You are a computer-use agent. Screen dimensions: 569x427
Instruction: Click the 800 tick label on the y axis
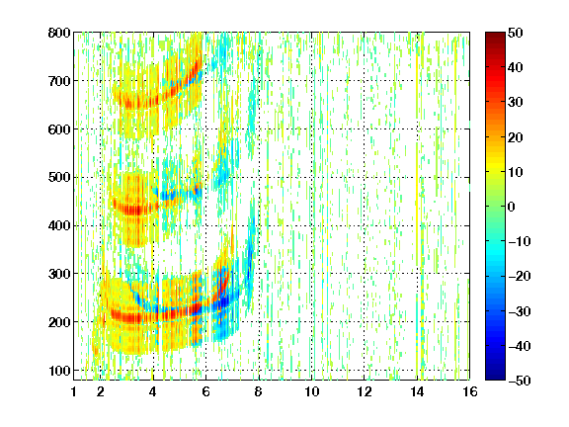(x=59, y=33)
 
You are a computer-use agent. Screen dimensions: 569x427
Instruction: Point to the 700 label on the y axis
(x=59, y=81)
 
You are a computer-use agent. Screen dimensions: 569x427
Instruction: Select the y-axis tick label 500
(x=59, y=178)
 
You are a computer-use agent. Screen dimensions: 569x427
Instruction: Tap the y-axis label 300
(x=59, y=274)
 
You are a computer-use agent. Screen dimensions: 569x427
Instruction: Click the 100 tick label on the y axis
(x=59, y=371)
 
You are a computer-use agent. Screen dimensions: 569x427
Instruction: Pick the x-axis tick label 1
(x=74, y=391)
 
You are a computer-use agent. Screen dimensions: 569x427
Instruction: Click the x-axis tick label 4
(x=153, y=391)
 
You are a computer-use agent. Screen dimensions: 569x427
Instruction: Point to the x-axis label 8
(x=259, y=391)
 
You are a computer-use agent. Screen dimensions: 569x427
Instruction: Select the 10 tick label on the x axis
(x=312, y=391)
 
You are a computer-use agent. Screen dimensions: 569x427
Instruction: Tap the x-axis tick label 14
(x=417, y=391)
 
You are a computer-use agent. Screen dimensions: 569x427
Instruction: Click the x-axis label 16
(x=470, y=391)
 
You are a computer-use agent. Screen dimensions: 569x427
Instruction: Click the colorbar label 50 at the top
(x=516, y=33)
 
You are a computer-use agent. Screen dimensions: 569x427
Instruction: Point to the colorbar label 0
(x=512, y=207)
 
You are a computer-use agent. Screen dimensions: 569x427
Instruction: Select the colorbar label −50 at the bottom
(x=519, y=381)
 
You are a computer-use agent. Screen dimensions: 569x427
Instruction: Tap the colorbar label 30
(x=516, y=103)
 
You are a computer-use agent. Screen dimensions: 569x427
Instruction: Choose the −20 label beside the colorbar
(x=519, y=276)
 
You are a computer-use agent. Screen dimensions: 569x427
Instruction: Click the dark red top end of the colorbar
(x=495, y=35)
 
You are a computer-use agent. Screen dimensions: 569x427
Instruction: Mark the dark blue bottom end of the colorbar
(x=495, y=378)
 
